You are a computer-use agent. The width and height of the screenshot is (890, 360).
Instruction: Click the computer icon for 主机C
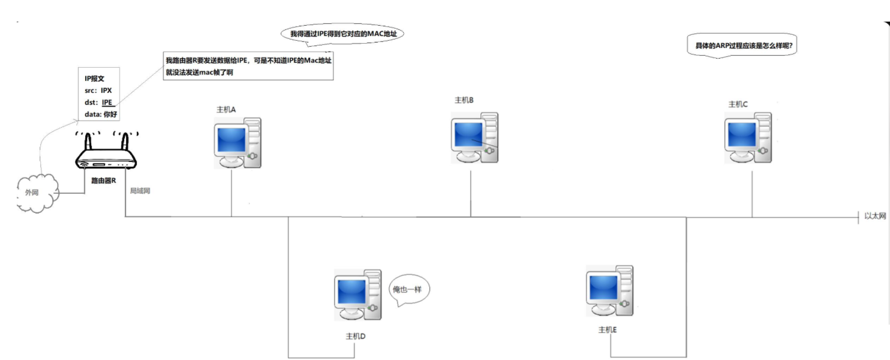click(748, 137)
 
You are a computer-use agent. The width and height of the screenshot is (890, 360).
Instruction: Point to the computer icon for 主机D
click(357, 295)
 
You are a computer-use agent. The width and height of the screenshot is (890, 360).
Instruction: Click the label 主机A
click(226, 110)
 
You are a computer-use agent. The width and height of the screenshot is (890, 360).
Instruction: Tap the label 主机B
click(464, 100)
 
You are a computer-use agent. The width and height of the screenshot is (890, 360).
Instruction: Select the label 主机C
click(738, 104)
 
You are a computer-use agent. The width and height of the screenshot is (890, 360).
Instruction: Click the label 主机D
click(356, 336)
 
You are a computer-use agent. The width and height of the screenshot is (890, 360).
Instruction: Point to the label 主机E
click(608, 330)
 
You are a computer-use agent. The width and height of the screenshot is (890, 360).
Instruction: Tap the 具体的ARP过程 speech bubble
click(742, 46)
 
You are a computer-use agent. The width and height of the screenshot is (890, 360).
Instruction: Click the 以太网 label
click(875, 216)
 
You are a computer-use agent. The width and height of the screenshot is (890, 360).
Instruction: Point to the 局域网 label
click(140, 191)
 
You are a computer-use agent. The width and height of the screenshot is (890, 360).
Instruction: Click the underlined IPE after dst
click(108, 103)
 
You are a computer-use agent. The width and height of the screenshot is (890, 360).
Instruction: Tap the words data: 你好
click(101, 114)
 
